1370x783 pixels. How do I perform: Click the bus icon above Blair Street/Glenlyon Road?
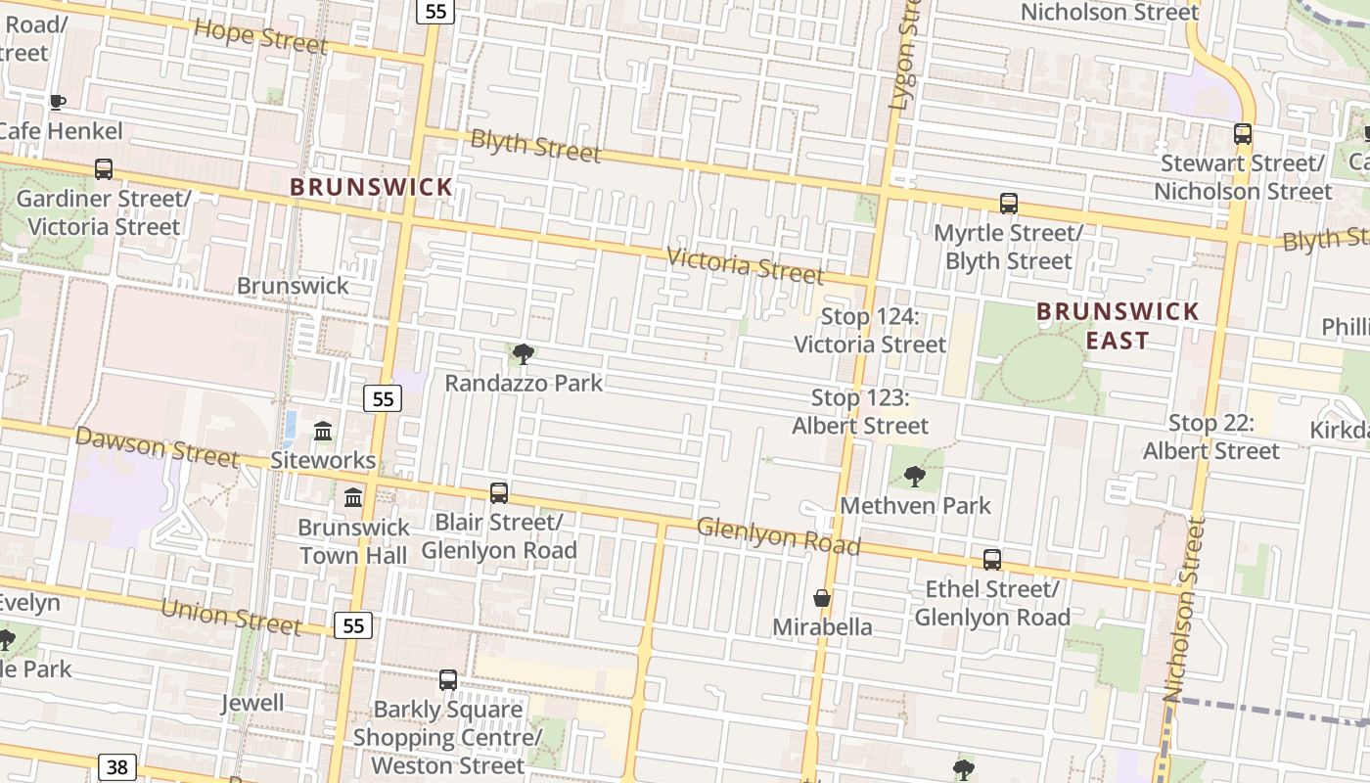point(499,492)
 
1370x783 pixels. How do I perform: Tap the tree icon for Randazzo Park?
point(524,353)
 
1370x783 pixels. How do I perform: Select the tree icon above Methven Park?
point(915,477)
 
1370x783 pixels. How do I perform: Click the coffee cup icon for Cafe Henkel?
point(58,102)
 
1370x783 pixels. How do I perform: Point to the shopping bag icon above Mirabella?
point(822,597)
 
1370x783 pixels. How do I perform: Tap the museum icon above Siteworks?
point(323,431)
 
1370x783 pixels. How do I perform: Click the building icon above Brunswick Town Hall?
point(353,498)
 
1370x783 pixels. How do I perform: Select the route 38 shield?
point(116,766)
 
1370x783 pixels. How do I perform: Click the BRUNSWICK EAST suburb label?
point(1118,326)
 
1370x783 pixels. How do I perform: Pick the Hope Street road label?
point(259,36)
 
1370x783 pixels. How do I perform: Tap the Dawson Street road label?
point(157,447)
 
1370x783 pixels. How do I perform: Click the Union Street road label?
point(231,616)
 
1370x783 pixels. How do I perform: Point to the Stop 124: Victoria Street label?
point(870,331)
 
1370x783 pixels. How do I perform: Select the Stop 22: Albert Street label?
point(1211,437)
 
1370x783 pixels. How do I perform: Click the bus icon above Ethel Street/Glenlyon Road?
point(992,560)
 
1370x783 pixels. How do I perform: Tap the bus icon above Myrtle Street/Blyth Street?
point(1009,204)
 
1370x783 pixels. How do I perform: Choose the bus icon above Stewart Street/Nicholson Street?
point(1243,134)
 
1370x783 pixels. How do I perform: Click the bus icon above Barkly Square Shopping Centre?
point(448,679)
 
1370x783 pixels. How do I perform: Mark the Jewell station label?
point(252,703)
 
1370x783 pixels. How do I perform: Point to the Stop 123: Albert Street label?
point(860,412)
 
